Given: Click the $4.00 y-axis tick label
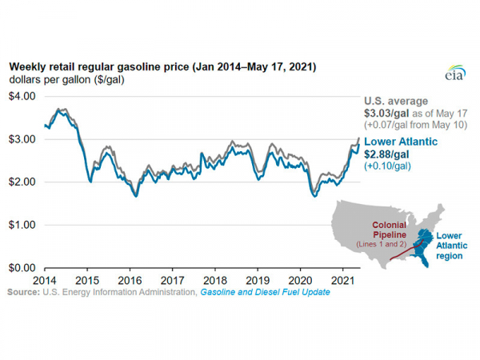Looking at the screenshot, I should tap(22, 96).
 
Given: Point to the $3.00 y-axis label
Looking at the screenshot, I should tap(22, 139).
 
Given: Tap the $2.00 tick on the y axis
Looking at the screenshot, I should tap(22, 182).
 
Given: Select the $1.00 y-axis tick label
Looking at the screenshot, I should tap(22, 225).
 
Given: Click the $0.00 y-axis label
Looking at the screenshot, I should tap(22, 267).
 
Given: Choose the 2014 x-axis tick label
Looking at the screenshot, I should tap(45, 281).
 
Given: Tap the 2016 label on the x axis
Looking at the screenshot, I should tap(130, 281).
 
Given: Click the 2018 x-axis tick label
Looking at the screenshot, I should tap(215, 281).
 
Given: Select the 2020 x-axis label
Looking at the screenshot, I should tap(301, 281).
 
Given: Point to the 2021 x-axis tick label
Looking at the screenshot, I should tap(343, 281).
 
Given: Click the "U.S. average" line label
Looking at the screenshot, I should tap(398, 101).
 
